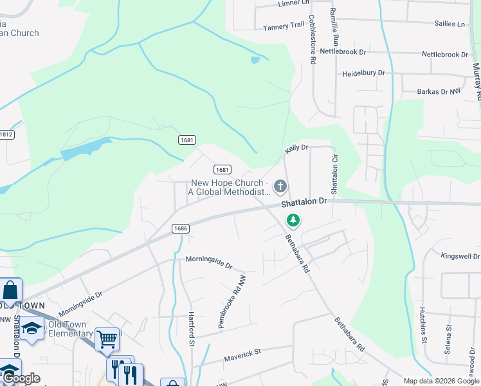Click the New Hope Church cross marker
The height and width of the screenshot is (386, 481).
click(280, 187)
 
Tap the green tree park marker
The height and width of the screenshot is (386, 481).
click(293, 221)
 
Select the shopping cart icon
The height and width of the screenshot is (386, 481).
click(107, 338)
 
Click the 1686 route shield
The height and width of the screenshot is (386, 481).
click(180, 228)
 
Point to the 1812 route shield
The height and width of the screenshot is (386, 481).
click(6, 134)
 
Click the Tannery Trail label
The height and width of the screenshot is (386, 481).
click(284, 26)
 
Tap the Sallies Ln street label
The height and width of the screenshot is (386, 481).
click(449, 24)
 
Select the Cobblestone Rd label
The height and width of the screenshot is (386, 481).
click(313, 39)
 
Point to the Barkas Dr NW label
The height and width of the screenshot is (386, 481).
click(439, 92)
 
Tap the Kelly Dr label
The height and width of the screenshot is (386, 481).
click(296, 149)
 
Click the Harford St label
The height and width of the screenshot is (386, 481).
click(191, 329)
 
